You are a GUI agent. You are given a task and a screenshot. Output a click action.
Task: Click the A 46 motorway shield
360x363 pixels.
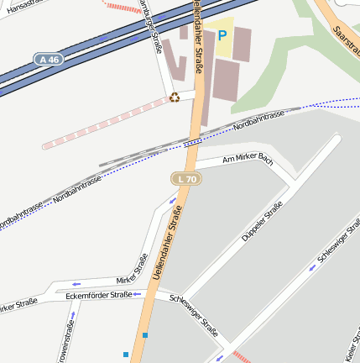(x=49, y=60)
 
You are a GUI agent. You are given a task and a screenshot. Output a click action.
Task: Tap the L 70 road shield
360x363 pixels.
(x=185, y=179)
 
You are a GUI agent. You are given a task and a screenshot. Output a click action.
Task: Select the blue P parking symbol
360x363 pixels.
(x=222, y=36)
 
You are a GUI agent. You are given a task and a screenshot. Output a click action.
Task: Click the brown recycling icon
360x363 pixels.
(x=174, y=97)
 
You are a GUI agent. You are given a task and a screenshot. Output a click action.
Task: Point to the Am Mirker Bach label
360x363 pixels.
(x=248, y=158)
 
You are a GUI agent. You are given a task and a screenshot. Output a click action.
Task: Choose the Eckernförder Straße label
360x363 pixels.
(x=98, y=295)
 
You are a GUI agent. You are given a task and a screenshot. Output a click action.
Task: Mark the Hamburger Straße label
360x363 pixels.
(x=154, y=25)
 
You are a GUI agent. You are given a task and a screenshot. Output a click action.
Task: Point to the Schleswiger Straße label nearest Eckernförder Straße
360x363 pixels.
(x=194, y=317)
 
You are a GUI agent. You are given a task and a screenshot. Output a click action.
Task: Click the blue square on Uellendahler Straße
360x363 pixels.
(x=145, y=336)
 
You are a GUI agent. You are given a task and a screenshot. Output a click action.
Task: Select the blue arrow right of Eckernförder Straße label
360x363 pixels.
(x=138, y=295)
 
